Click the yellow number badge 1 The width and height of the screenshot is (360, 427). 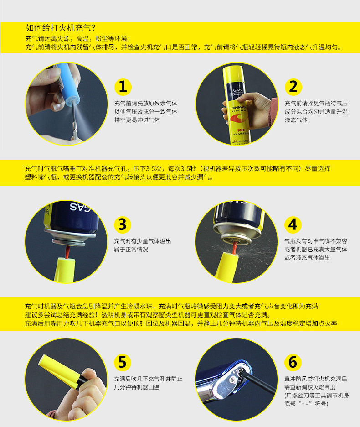coord(122,87)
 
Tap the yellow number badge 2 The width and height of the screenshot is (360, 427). coord(293,87)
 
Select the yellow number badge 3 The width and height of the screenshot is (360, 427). coord(122,224)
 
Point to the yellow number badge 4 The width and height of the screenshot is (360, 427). coord(293,224)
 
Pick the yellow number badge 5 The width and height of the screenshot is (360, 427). coord(122,362)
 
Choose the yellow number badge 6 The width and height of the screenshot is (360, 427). coord(293,362)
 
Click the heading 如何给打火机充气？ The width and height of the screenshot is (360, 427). coord(60,28)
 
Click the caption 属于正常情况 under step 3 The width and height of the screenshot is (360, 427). coord(131,250)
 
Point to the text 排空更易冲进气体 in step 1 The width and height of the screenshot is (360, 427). coord(137,120)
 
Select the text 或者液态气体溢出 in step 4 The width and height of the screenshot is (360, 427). coord(308,258)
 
